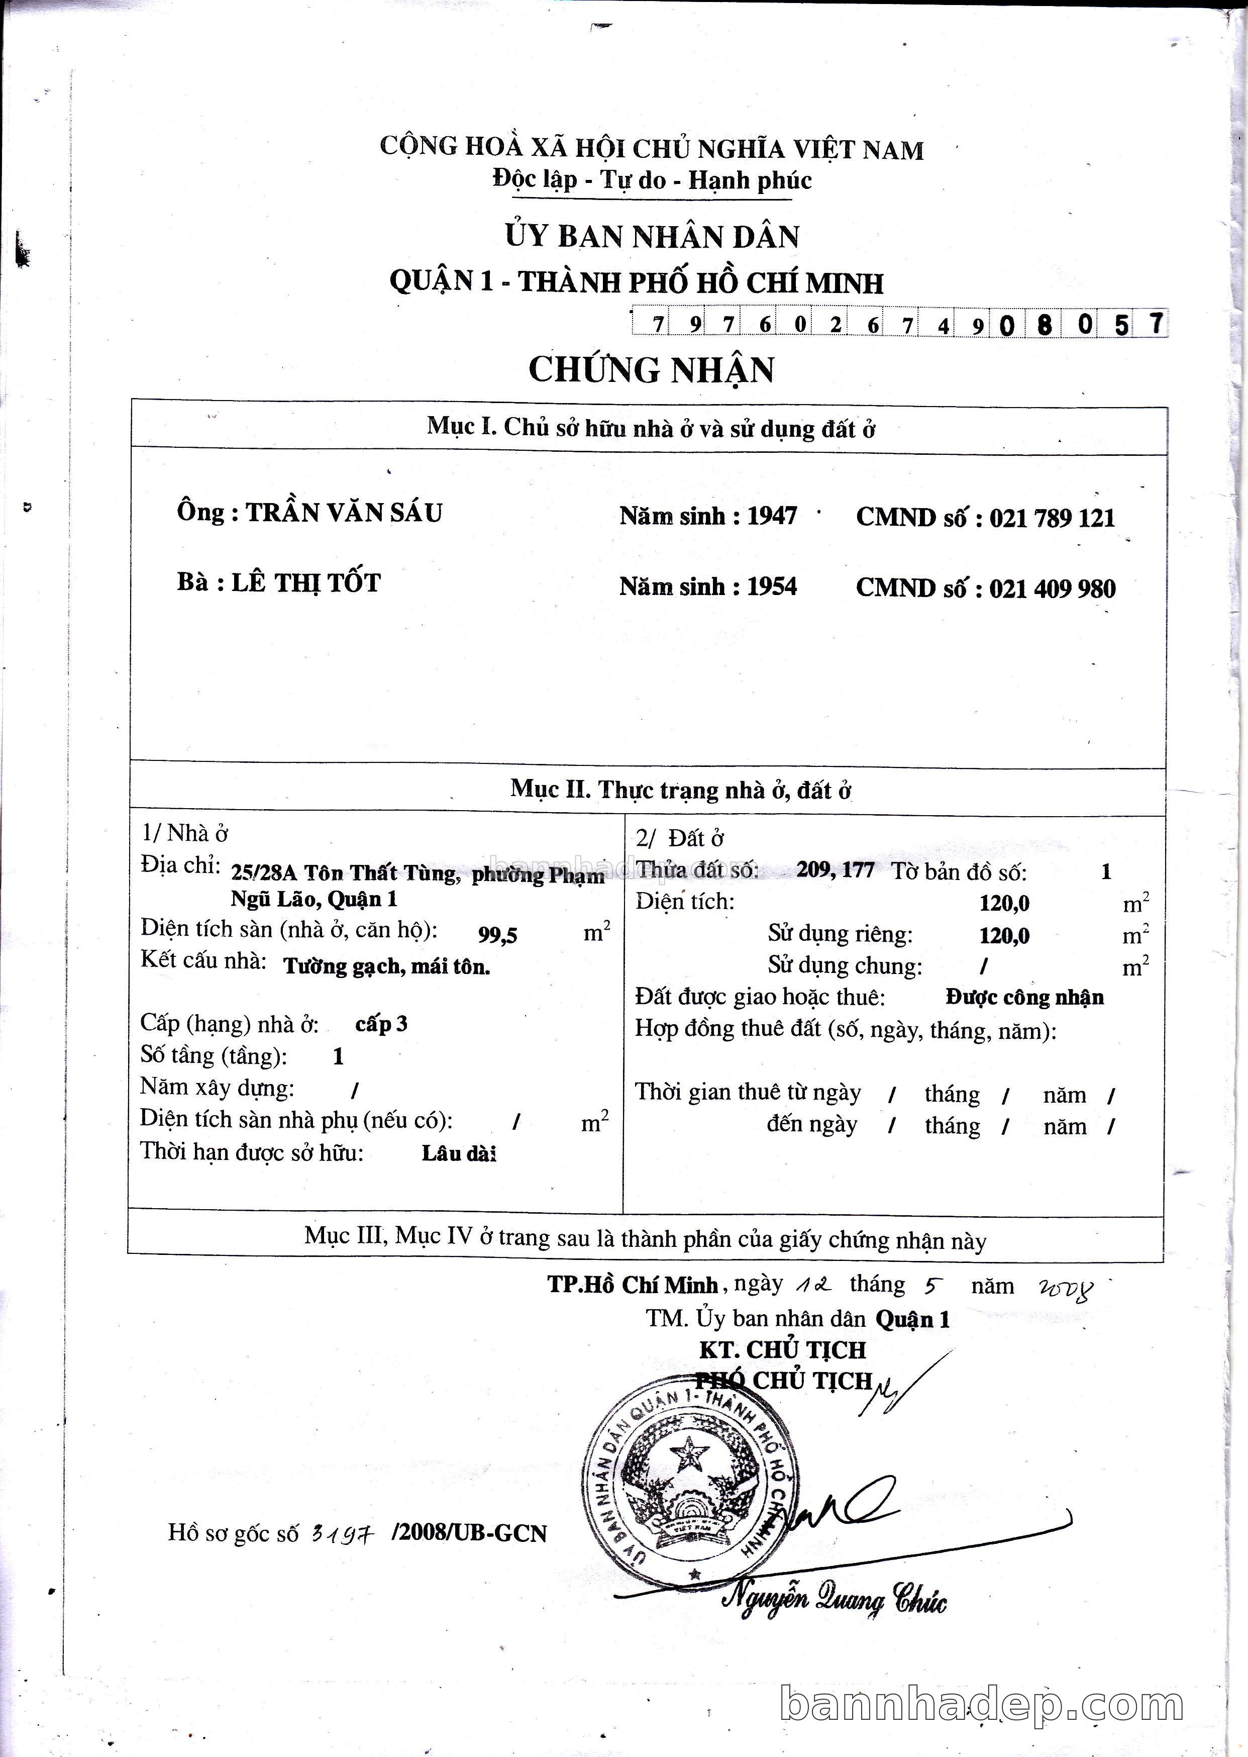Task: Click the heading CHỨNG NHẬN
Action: (x=651, y=370)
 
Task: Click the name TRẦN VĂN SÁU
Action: (x=344, y=513)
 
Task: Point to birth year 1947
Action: (x=772, y=516)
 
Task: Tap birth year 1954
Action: (x=772, y=587)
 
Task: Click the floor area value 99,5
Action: (x=498, y=935)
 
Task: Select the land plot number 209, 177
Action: (x=836, y=870)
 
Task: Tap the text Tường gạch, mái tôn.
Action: (x=386, y=966)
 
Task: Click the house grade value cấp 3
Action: (x=381, y=1024)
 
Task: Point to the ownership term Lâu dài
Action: (x=459, y=1153)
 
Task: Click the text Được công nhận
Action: (x=1024, y=998)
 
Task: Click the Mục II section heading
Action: (x=680, y=790)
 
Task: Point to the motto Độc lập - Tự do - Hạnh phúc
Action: (x=652, y=180)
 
